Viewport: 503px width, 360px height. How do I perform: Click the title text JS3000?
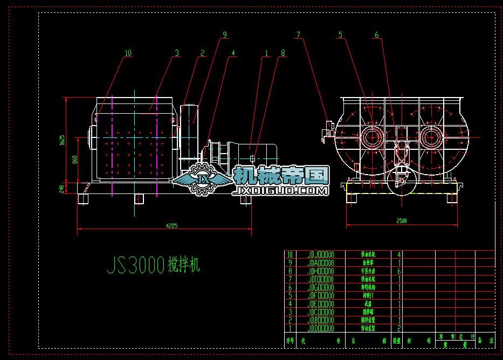[135, 265]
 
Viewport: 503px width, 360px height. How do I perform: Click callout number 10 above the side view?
[128, 53]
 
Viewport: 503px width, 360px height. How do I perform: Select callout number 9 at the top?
[225, 34]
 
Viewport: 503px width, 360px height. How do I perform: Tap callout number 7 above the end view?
[298, 35]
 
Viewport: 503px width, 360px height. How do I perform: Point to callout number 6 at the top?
[340, 35]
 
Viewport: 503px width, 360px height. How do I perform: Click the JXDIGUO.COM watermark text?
[279, 191]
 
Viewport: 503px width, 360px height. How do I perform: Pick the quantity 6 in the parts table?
[399, 271]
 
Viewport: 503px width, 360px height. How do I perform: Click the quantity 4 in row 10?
[399, 254]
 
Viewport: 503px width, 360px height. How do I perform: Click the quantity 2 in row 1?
[399, 328]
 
